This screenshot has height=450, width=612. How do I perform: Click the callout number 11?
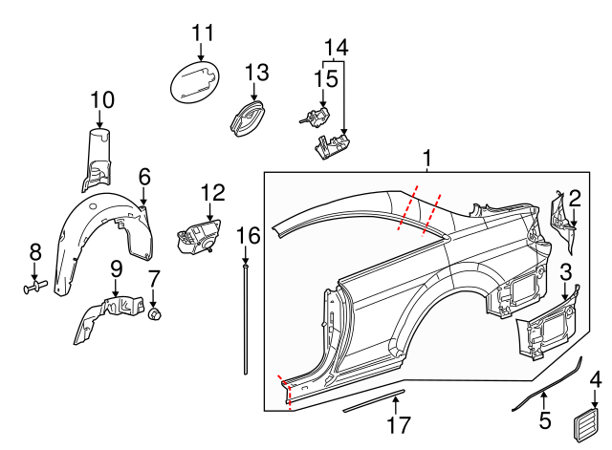[202, 32]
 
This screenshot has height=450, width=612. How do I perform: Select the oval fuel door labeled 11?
[195, 81]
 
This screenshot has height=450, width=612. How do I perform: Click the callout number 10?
[102, 99]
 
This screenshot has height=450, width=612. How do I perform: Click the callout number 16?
[248, 235]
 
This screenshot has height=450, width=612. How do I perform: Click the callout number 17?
[398, 424]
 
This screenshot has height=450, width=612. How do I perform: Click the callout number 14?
[336, 46]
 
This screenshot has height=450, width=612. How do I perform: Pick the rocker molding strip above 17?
[375, 398]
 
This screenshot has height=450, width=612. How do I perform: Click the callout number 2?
[575, 198]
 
